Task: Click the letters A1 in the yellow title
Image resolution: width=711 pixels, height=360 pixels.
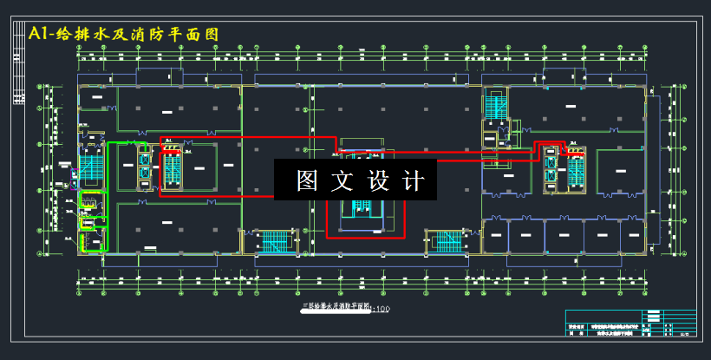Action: (41, 34)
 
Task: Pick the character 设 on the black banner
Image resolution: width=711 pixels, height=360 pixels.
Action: (381, 180)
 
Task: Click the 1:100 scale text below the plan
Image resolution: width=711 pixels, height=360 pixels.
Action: (382, 308)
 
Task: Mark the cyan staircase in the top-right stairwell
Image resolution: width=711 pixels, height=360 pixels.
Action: (496, 106)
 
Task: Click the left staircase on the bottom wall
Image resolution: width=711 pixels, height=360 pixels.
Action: (275, 240)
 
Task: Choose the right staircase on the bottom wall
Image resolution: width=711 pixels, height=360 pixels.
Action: (448, 240)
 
